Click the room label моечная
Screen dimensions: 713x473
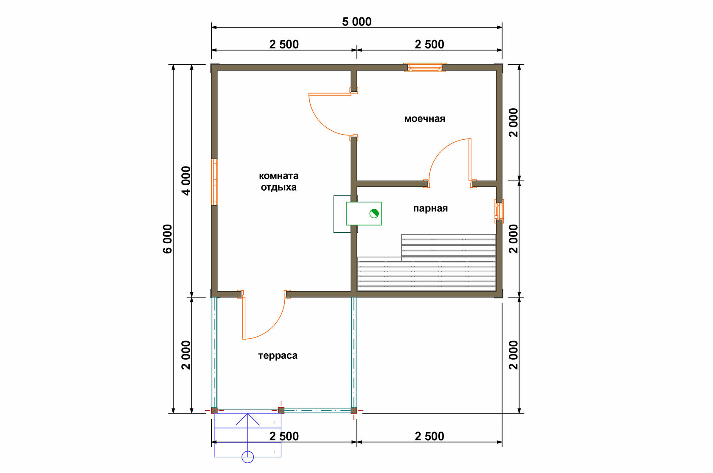(x=424, y=119)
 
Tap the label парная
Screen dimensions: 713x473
(x=430, y=208)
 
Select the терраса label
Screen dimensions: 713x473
(x=278, y=355)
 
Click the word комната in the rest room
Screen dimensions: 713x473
(x=278, y=176)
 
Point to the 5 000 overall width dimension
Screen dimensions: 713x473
(x=356, y=22)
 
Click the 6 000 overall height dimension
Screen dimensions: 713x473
(x=167, y=239)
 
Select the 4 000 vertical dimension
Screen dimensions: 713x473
(x=186, y=180)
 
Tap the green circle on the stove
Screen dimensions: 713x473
(x=374, y=214)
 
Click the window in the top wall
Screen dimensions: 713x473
(x=425, y=68)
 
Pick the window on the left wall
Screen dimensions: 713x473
(x=215, y=182)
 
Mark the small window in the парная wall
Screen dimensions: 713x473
(x=499, y=211)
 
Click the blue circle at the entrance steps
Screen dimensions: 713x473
(x=248, y=457)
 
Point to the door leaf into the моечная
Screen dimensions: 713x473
(x=330, y=94)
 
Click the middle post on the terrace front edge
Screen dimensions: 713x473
(x=281, y=410)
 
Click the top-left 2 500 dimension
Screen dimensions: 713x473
(x=284, y=44)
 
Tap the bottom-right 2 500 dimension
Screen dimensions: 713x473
(x=429, y=436)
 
